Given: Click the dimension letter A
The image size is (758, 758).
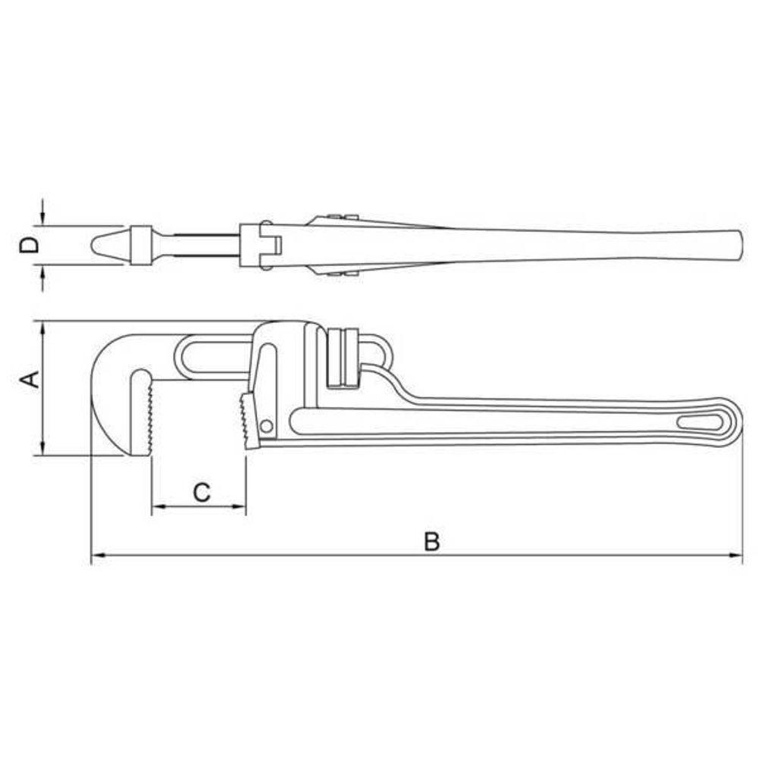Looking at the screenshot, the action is coord(30,379).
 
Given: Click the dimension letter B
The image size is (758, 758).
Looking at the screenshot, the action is coord(432,541).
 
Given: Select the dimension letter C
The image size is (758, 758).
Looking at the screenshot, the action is coord(202,493).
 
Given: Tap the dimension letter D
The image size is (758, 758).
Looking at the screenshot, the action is coord(30,245).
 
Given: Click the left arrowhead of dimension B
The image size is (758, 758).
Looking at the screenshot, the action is coord(98,556).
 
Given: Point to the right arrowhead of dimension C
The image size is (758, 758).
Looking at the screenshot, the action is coord(240,506).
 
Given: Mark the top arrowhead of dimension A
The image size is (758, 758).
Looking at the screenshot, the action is coord(43,329).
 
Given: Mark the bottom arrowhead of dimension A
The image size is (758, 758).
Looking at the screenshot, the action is coord(43,448).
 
